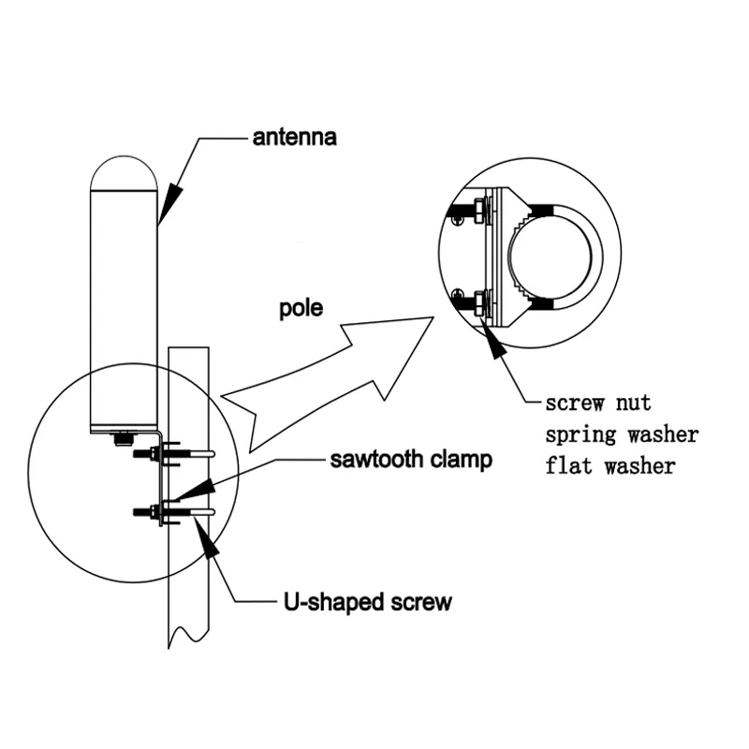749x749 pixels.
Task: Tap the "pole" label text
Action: [x=301, y=308]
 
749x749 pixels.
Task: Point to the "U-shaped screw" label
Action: [x=367, y=601]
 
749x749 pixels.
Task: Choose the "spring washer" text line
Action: [x=622, y=434]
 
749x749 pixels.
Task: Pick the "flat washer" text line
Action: [x=609, y=465]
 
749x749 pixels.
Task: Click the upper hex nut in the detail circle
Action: [x=478, y=209]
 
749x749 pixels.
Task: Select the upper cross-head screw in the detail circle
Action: [x=456, y=219]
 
